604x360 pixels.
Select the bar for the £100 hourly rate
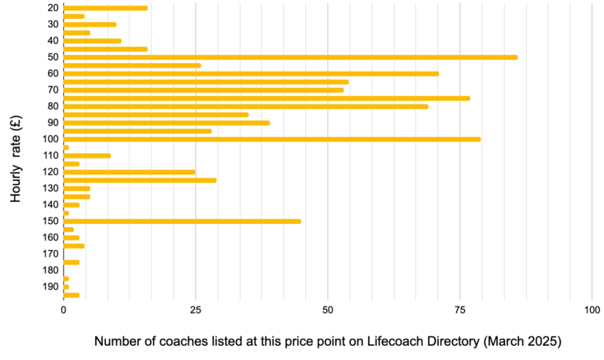point(271,139)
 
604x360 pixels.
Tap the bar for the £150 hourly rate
point(182,221)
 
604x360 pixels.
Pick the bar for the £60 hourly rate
point(250,73)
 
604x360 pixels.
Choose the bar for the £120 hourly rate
point(129,171)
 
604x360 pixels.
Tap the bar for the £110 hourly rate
point(87,156)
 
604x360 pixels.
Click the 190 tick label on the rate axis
point(50,287)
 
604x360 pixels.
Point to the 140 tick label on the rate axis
point(50,204)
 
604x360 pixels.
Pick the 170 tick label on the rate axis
point(50,254)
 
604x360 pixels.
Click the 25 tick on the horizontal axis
point(195,310)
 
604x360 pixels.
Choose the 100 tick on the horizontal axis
point(592,310)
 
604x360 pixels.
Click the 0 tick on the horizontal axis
point(64,310)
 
